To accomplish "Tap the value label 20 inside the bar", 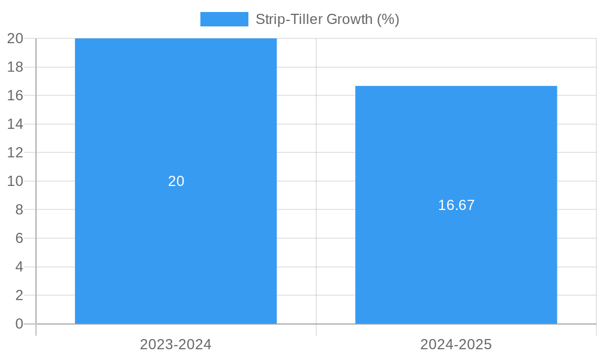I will tap(176, 181).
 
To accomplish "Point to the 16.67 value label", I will tap(456, 205).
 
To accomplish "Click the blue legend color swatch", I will tap(224, 19).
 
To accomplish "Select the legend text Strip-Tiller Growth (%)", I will tap(327, 19).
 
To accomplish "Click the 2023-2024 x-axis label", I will tap(176, 344).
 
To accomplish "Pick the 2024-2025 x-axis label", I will tap(456, 344).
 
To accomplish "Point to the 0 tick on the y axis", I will tap(19, 324).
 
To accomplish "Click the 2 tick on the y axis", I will tap(19, 295).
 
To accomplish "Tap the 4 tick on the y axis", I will tap(19, 267).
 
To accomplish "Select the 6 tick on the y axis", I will tap(19, 238).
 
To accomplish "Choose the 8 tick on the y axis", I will tap(19, 209).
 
